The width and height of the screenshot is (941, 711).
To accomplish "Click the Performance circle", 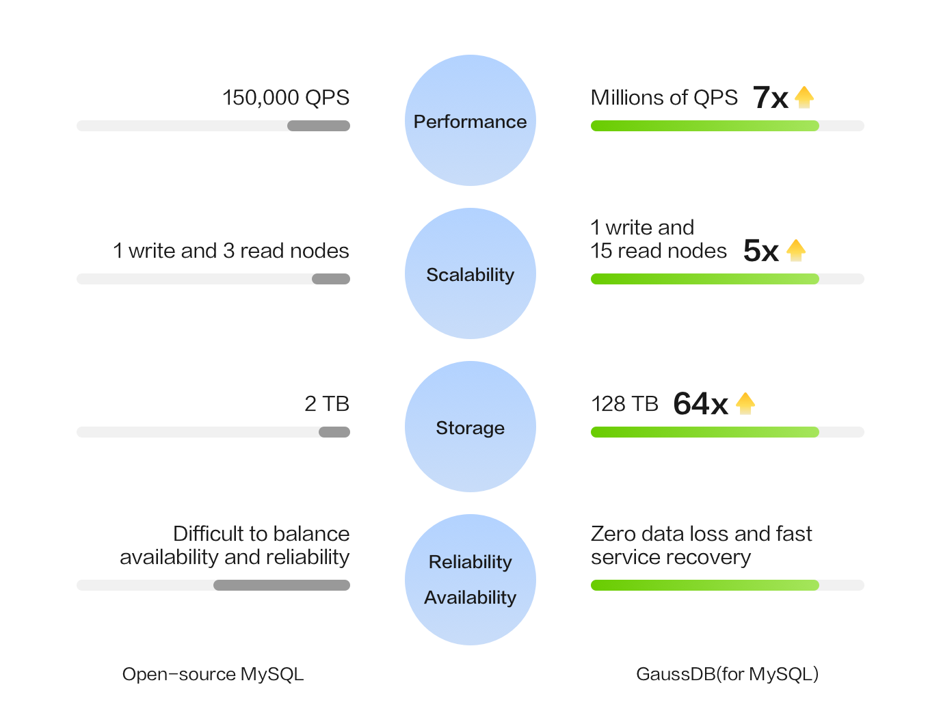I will coord(470,121).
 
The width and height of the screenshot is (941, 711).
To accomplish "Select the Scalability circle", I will coord(470,274).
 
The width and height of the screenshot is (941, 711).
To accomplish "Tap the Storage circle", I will coord(470,427).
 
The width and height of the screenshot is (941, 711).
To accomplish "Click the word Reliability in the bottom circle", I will coord(470,562).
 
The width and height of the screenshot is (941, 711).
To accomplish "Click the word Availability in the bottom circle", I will coord(470,598).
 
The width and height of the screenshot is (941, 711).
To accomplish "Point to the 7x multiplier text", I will coord(771,98).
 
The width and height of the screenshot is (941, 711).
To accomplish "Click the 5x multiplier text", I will coord(760,251).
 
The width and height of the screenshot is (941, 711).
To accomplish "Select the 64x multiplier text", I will coord(700,404).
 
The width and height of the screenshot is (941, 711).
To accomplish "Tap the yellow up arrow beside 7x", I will coord(804,98).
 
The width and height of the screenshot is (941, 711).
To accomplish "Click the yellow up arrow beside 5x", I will coord(796,251).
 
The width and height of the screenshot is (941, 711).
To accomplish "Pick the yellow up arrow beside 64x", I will coord(745,404).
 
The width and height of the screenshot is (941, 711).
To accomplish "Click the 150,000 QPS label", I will coord(285,98).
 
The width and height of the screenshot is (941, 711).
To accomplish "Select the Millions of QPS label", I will coord(664,98).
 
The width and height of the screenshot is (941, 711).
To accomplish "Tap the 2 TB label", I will coord(327,404).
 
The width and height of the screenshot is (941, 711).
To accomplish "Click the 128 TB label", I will coord(624,404).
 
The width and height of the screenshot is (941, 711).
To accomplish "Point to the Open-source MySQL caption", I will coord(213,674).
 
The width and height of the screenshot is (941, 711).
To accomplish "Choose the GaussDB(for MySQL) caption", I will coord(727,674).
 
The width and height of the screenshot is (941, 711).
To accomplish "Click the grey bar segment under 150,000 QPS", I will coord(319,126).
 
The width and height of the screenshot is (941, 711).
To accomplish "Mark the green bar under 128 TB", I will coord(704,432).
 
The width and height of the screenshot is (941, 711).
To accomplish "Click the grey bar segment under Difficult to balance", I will coord(282,585).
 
